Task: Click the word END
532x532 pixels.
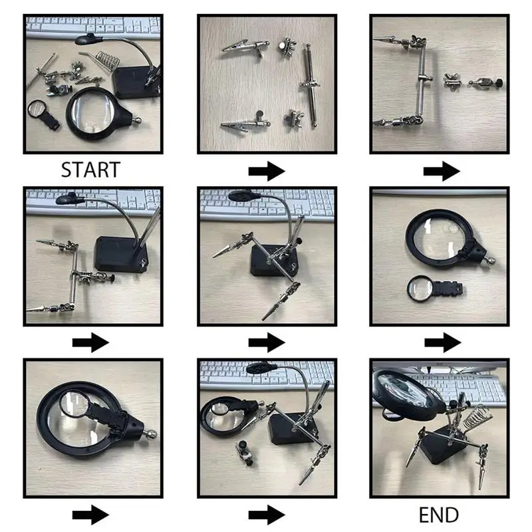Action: [x=438, y=515]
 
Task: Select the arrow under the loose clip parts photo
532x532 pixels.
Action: [x=266, y=172]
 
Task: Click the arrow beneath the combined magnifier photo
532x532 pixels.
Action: [x=90, y=515]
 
